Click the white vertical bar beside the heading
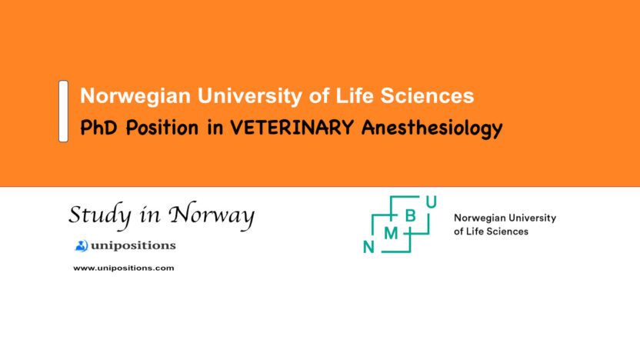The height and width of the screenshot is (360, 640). click(x=63, y=111)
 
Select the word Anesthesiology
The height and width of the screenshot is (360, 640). click(x=432, y=128)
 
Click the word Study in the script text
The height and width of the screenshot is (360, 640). click(x=95, y=215)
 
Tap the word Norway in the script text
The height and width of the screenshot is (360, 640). click(x=211, y=216)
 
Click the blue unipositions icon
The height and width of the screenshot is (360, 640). click(x=82, y=245)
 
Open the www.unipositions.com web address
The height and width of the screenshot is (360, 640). click(x=123, y=268)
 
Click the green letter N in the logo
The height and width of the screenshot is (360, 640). click(x=368, y=246)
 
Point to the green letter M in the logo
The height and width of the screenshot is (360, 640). click(x=391, y=233)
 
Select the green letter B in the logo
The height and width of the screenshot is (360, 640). click(x=410, y=216)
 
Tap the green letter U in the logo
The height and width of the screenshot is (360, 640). click(x=432, y=202)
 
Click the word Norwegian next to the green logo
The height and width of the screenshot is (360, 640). click(x=481, y=218)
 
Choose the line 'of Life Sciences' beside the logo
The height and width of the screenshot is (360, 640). click(x=491, y=231)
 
